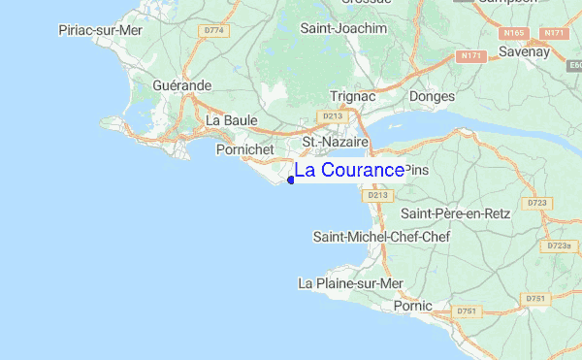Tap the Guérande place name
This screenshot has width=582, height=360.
click(x=181, y=85)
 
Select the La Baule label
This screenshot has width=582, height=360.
click(x=232, y=120)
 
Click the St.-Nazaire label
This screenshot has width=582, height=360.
click(x=336, y=142)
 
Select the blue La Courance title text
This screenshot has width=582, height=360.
click(x=349, y=171)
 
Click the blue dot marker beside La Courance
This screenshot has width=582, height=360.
click(x=291, y=180)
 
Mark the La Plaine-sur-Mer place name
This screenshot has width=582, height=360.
click(x=350, y=283)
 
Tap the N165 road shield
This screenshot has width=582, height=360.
click(x=514, y=33)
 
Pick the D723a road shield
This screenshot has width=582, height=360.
click(x=559, y=246)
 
